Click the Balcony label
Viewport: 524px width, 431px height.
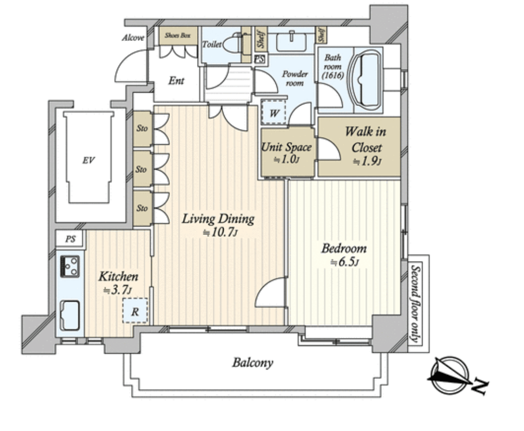coord(253,363)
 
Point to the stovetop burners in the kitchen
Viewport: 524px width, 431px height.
coord(70,267)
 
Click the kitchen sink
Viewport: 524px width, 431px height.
coord(70,315)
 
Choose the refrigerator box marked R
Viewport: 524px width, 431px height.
coord(135,311)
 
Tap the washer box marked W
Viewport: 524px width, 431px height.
coord(273,112)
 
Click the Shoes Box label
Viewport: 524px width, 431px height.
coord(178,35)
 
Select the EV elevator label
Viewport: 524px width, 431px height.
coord(89,160)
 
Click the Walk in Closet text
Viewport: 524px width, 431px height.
coord(365,139)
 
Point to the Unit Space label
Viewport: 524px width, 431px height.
coord(287,147)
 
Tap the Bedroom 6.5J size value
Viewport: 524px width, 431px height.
coord(344,262)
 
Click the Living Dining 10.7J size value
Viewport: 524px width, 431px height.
coord(221,232)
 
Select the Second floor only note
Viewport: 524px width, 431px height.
coord(416,304)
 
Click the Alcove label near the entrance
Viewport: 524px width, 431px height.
coord(133,38)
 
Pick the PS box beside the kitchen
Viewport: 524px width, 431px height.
coord(70,239)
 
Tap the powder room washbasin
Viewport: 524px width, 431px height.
coord(291,42)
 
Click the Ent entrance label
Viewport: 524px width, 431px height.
coord(176,80)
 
